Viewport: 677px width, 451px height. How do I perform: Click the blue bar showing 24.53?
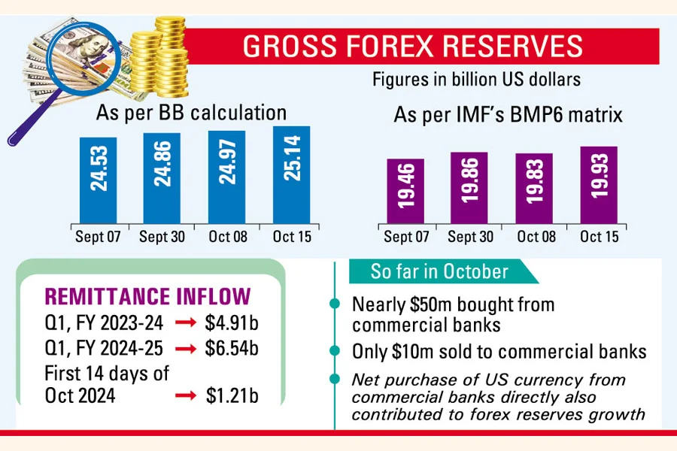point(98,180)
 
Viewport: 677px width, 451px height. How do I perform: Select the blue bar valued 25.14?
point(291,174)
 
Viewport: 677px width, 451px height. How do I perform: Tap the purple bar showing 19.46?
point(405,191)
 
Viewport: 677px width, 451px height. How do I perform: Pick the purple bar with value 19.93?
point(599,184)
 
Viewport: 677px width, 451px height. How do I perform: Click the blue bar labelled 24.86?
point(162,178)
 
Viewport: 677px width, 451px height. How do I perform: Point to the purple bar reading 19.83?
point(534,188)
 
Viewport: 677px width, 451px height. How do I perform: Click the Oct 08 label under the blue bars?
point(226,237)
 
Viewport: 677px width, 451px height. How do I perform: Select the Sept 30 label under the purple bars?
point(470,237)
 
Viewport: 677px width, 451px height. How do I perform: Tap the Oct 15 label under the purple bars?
point(599,237)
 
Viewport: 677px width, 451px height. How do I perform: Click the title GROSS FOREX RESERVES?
point(413,46)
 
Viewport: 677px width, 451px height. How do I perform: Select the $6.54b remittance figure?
point(232,350)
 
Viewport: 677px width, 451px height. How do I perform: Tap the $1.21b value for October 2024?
point(232,395)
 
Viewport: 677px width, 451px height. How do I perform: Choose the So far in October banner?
point(439,271)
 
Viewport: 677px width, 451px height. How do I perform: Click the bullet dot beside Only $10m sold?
point(334,351)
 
